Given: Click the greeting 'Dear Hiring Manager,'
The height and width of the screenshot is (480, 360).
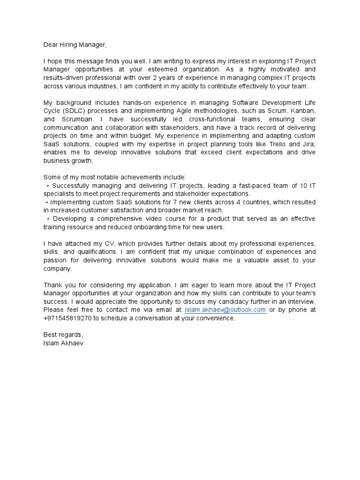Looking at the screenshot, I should coord(75,45).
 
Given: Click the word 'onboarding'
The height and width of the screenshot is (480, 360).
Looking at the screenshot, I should coord(151,227).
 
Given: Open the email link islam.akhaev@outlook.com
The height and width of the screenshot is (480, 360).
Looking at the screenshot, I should coord(225,310).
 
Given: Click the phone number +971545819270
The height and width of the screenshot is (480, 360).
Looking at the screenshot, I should coord(68,318).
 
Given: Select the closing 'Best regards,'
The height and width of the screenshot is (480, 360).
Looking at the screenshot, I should coord(63,335).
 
